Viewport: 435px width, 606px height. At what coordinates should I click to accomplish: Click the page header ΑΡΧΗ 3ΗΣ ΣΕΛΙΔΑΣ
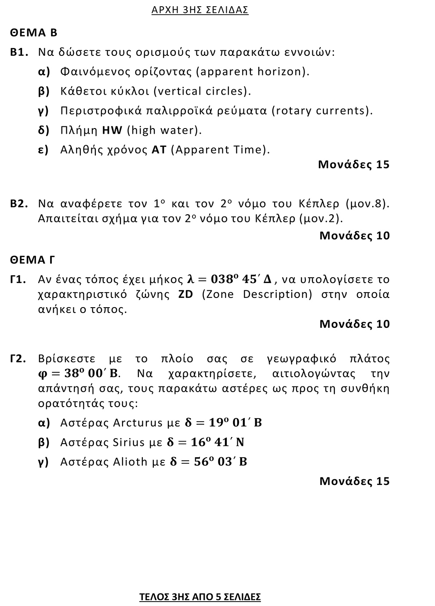click(200, 10)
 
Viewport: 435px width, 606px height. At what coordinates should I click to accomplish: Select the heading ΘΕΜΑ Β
click(34, 33)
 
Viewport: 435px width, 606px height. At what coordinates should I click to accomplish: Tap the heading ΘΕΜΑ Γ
click(33, 260)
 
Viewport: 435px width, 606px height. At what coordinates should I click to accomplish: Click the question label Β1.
click(20, 52)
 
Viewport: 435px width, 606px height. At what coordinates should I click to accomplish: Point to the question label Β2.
click(20, 204)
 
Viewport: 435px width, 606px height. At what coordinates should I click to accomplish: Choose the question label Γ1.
click(19, 279)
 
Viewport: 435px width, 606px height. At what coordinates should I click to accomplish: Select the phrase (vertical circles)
click(203, 91)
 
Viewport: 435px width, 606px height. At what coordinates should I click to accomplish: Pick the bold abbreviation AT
click(159, 150)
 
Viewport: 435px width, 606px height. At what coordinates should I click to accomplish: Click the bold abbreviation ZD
click(186, 294)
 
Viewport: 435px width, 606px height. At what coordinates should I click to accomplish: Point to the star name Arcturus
click(138, 423)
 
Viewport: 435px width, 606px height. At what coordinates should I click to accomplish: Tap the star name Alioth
click(130, 462)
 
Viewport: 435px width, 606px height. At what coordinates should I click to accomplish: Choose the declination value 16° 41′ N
click(218, 442)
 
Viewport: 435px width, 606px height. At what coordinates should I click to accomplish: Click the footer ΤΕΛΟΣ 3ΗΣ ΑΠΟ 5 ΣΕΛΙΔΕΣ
click(200, 597)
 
